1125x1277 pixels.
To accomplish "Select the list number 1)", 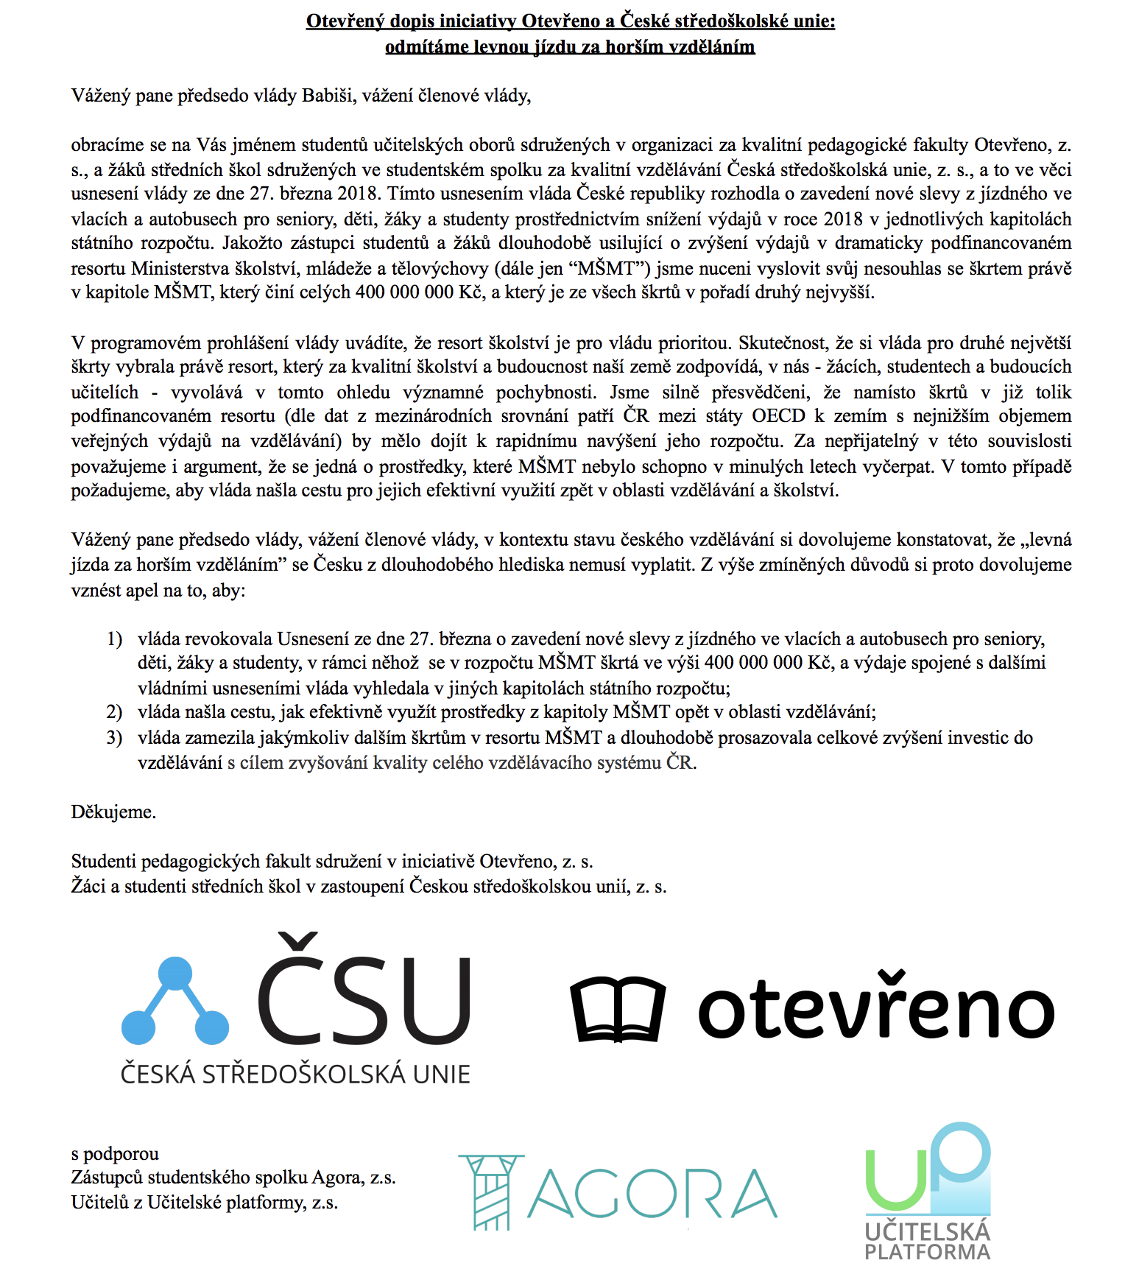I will pos(114,638).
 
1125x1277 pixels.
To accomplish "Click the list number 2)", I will pos(114,712).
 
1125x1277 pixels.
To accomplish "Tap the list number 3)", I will pos(114,737).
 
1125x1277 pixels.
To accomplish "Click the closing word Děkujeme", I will pos(113,812).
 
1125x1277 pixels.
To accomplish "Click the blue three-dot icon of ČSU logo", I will pos(175,1002).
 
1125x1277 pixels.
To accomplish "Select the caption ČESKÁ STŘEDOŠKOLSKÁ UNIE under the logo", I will pos(295,1074).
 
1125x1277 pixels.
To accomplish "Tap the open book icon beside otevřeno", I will pos(618,1009).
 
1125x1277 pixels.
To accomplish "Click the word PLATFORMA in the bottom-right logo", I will pos(927,1252).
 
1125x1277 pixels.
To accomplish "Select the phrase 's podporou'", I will pos(115,1153).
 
